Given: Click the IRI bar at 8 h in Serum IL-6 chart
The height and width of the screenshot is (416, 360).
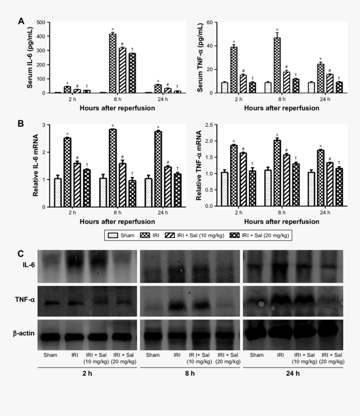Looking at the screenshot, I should (x=113, y=63).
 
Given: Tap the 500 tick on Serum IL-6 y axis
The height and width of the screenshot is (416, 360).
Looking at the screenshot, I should (x=42, y=22).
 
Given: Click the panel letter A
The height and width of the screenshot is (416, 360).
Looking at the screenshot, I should (x=21, y=21).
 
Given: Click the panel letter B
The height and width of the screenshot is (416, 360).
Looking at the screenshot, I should (x=21, y=124).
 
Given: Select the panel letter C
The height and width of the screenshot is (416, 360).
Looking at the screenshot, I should (x=21, y=254).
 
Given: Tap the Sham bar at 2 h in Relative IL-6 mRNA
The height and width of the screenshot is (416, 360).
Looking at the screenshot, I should (x=58, y=193).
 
